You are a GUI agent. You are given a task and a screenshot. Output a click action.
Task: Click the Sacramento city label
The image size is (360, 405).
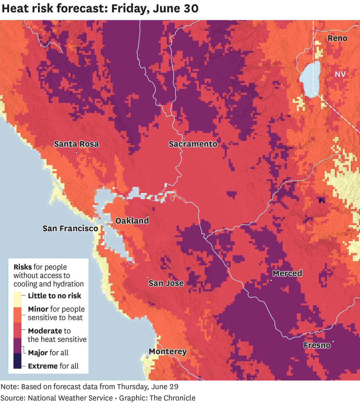[193, 144]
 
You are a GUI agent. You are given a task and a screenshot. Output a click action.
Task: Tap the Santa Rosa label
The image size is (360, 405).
[76, 144]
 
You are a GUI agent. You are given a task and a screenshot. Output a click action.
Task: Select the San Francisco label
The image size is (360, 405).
[70, 228]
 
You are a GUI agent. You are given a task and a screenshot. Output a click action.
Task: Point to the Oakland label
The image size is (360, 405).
[132, 221]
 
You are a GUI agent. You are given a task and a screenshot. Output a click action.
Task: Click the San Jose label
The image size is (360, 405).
[166, 283]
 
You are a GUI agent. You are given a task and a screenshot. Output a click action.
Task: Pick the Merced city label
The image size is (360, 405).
[287, 273]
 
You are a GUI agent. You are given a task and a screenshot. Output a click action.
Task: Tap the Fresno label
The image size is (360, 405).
[317, 345]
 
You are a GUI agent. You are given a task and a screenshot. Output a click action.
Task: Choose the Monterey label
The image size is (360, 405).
[168, 352]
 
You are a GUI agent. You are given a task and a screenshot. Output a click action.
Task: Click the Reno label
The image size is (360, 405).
[337, 38]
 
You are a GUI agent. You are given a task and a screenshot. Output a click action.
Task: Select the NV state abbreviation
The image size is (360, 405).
[340, 74]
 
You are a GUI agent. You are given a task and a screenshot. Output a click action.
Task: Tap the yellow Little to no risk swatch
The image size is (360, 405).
[17, 299]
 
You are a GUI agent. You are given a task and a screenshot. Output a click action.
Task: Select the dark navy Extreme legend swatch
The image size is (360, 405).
[17, 361]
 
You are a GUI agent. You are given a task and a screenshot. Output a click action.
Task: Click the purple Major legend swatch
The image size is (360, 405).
[17, 345]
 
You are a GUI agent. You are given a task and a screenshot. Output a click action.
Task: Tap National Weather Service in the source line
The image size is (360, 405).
[70, 398]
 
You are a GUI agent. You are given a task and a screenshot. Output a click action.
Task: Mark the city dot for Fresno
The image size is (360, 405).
[333, 341]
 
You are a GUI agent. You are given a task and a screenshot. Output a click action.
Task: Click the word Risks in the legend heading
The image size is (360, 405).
[22, 267]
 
